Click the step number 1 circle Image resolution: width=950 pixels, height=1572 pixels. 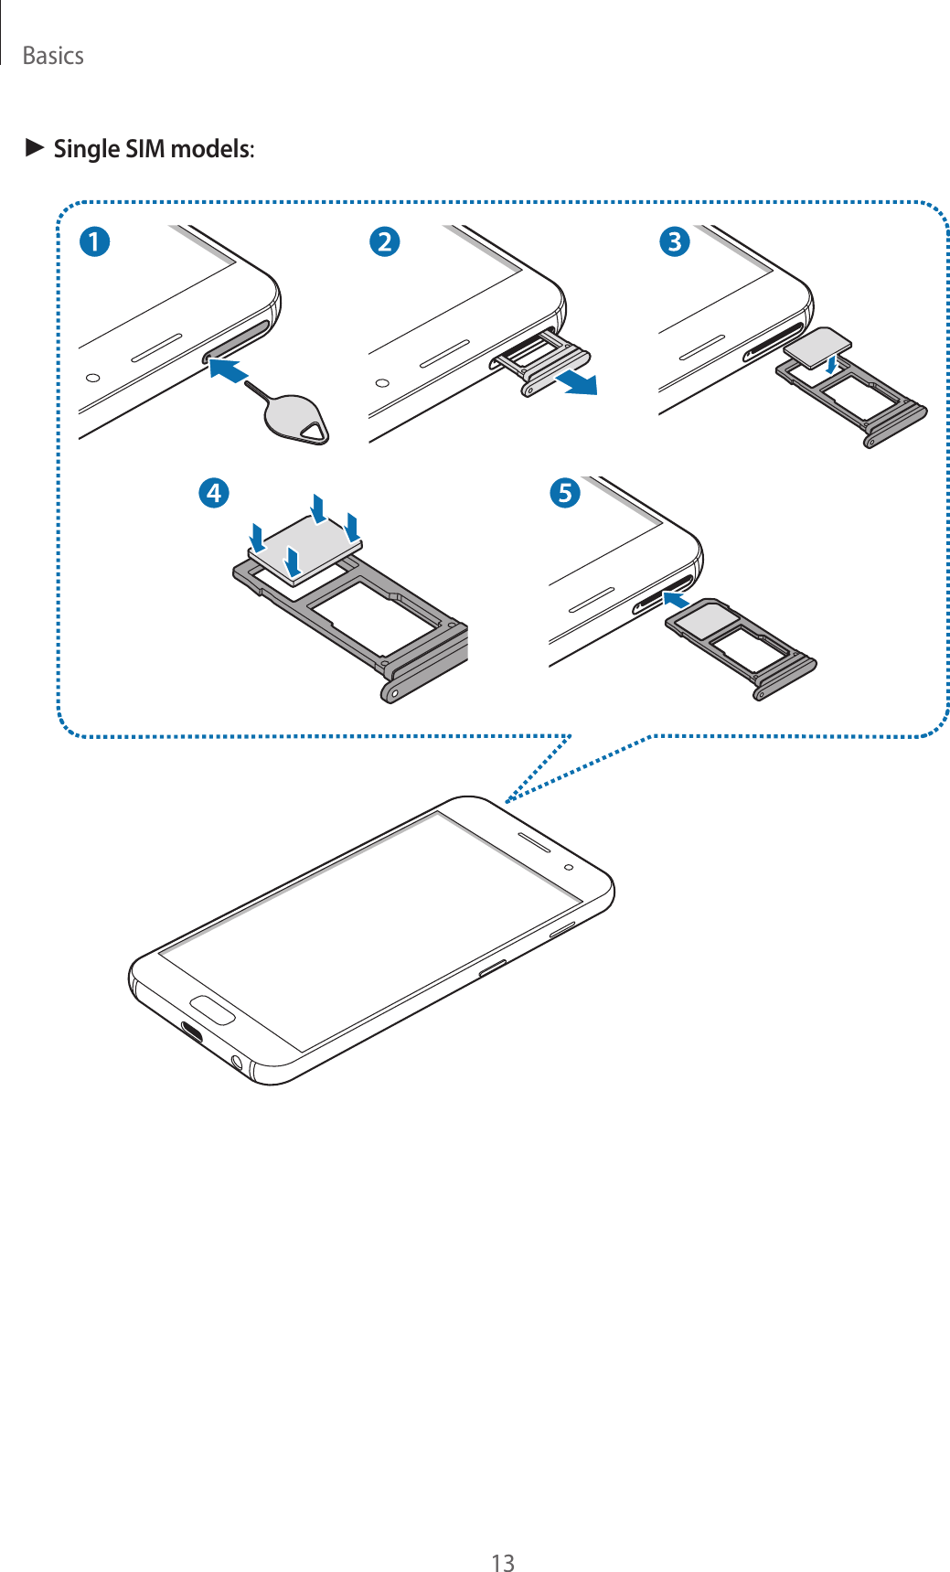(94, 241)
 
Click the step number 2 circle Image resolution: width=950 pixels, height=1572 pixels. (385, 241)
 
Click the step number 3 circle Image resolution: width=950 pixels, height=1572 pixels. (675, 241)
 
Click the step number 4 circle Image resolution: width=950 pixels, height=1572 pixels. (213, 493)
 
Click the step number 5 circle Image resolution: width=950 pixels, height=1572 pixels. (565, 493)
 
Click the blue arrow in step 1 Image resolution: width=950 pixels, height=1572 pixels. (229, 370)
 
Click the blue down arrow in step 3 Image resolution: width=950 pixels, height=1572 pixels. (830, 364)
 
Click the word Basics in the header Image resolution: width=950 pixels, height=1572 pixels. (53, 56)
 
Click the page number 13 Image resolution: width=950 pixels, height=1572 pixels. (503, 1563)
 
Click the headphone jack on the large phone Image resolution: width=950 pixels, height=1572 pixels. (238, 1062)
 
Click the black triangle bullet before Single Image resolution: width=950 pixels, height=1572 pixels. (35, 146)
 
